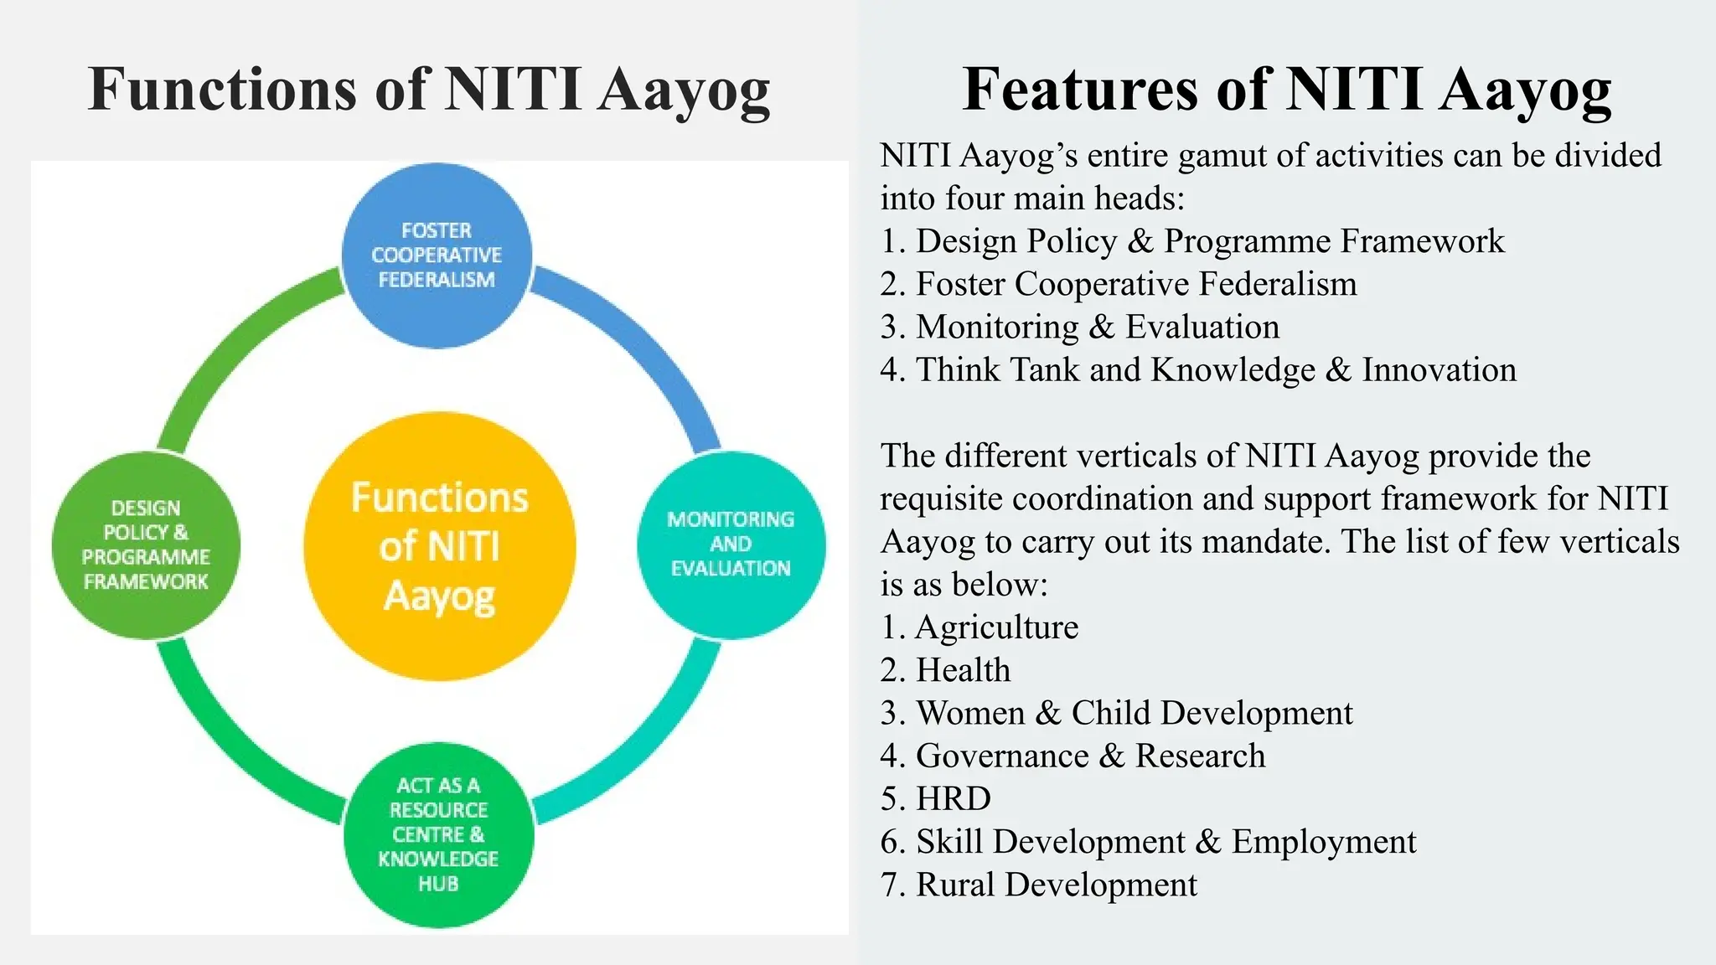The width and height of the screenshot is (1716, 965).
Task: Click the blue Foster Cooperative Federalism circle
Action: point(437,255)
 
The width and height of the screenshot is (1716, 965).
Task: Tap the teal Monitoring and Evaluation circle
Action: point(731,544)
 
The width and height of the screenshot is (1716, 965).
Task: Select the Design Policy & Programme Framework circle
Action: point(146,544)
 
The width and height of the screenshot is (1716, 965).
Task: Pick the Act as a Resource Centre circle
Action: point(438,834)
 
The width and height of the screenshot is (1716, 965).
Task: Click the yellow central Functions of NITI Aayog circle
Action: point(440,546)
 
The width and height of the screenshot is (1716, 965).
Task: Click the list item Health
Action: point(963,670)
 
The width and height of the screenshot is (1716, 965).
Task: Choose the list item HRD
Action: point(953,798)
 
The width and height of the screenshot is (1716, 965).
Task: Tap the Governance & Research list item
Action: point(1089,756)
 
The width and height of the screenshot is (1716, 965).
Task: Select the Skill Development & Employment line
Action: point(1165,842)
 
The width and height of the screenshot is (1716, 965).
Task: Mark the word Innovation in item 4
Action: point(1439,369)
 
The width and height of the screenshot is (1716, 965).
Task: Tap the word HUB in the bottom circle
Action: point(438,884)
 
